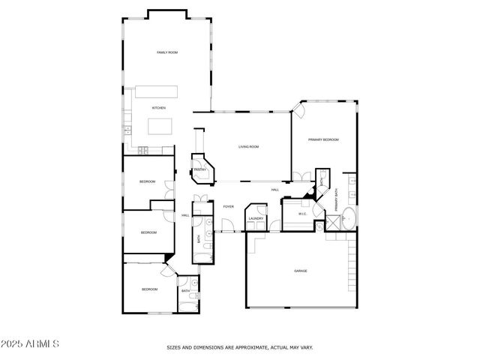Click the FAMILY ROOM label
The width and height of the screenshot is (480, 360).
pyautogui.click(x=166, y=52)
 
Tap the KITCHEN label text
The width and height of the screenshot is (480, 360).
pyautogui.click(x=158, y=109)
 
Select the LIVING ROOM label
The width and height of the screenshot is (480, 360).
pyautogui.click(x=248, y=147)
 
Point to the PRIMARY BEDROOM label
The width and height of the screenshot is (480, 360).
pyautogui.click(x=323, y=140)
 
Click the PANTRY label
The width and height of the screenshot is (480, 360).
pyautogui.click(x=200, y=170)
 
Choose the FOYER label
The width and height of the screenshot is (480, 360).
pyautogui.click(x=228, y=206)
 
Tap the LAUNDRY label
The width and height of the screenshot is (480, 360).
pyautogui.click(x=256, y=219)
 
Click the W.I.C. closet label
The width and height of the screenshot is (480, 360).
pyautogui.click(x=303, y=214)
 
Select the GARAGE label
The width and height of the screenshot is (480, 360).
pyautogui.click(x=300, y=271)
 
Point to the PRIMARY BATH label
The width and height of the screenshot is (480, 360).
pyautogui.click(x=337, y=199)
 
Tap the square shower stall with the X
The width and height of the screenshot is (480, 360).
pyautogui.click(x=331, y=222)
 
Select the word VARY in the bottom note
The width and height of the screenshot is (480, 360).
pyautogui.click(x=307, y=347)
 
